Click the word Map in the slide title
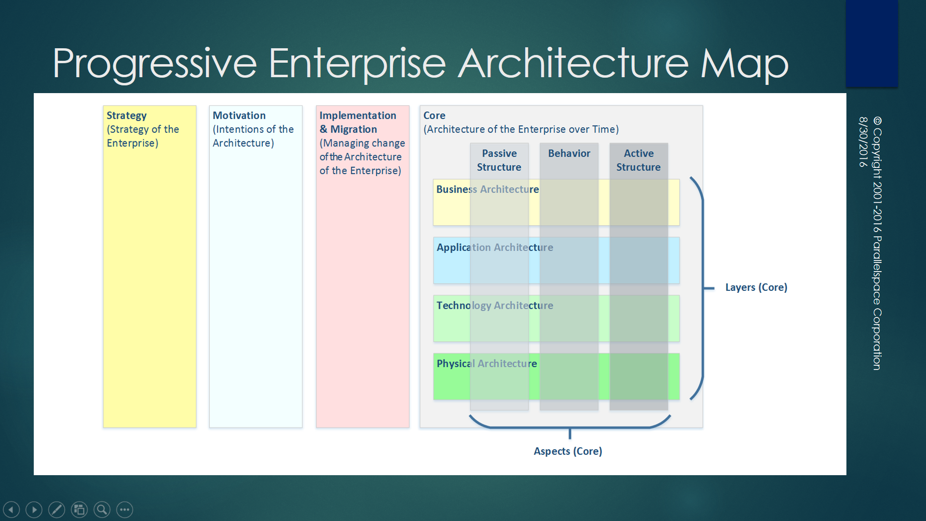744,64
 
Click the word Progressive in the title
154,64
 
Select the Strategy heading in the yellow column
126,116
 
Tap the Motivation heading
239,116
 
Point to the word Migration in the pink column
354,129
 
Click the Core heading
434,116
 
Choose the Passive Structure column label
499,160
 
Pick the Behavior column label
569,153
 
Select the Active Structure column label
639,160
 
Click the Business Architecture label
488,190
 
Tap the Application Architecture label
495,247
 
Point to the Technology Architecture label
495,305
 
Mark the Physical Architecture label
487,364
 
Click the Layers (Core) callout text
756,288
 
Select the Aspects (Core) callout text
568,452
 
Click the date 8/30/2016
863,142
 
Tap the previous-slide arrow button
12,509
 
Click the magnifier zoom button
102,509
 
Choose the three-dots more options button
124,509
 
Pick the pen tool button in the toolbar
56,509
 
